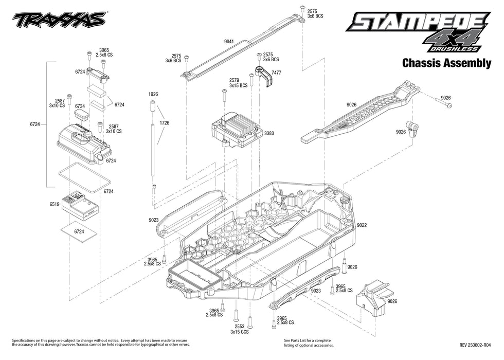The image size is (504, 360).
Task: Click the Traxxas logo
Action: click(59, 20)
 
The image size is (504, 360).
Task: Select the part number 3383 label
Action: click(269, 133)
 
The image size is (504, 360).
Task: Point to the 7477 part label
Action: click(277, 73)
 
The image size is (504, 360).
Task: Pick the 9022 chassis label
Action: click(362, 225)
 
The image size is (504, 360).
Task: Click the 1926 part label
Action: click(153, 95)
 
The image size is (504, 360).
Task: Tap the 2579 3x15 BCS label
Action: click(235, 83)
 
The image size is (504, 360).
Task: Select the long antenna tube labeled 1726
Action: click(154, 149)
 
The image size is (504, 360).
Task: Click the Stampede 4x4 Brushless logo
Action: click(417, 31)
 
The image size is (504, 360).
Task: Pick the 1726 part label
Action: click(165, 123)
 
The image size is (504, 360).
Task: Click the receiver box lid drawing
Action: click(83, 141)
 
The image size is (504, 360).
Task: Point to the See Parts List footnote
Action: click(307, 343)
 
